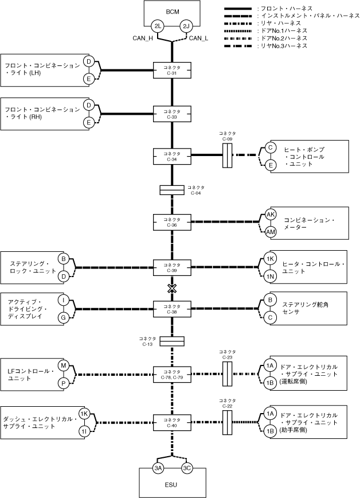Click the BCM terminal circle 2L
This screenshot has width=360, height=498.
point(158,26)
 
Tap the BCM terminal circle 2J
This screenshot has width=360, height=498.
point(186,26)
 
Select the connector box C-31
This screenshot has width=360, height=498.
point(172,70)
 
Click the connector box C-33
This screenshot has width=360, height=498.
point(172,114)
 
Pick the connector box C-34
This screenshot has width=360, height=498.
point(172,156)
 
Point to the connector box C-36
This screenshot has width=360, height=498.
point(172,222)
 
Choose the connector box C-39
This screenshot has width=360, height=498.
point(172,267)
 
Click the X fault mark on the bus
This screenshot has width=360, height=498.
point(172,288)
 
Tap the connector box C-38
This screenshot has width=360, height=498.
point(172,309)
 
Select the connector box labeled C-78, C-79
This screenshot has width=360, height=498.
point(172,375)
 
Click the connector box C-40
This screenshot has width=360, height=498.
point(172,423)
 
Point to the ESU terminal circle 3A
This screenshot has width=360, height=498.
point(158,468)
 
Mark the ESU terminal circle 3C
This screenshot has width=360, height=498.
point(187,468)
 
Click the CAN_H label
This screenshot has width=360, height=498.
point(143,38)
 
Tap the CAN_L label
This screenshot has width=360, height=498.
point(199,38)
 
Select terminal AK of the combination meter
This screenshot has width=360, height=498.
point(271,215)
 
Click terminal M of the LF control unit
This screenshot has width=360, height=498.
point(64,365)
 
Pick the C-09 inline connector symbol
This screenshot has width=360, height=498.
point(227,155)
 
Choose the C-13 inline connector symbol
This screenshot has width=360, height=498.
point(172,341)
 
